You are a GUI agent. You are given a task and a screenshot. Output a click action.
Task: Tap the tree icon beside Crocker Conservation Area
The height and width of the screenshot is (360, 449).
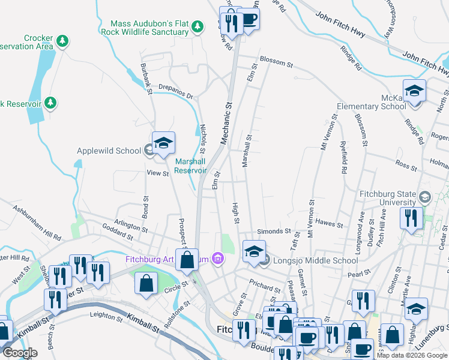pos(62,41)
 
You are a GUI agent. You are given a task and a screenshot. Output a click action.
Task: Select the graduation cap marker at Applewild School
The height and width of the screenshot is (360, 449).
pos(163,144)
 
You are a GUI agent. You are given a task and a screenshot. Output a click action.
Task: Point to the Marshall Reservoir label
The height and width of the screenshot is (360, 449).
pos(190,166)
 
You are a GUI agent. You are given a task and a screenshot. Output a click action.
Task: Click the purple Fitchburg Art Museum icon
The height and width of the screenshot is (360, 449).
pos(217,259)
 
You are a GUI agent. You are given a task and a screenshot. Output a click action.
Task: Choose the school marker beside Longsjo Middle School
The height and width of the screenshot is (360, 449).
pos(254,251)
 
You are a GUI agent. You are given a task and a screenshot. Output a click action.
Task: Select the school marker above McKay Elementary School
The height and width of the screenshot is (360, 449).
pos(414,91)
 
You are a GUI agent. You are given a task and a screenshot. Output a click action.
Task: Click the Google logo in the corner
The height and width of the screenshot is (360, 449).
pos(19,353)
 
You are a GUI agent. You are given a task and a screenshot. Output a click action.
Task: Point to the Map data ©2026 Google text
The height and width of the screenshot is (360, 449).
pos(412,355)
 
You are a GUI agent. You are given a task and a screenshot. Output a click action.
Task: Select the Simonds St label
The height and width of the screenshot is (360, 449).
pos(274,231)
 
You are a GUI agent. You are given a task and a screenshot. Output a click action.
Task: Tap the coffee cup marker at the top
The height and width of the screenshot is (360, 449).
pos(249,20)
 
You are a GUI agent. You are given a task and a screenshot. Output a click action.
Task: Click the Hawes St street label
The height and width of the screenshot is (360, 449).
pos(329,223)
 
